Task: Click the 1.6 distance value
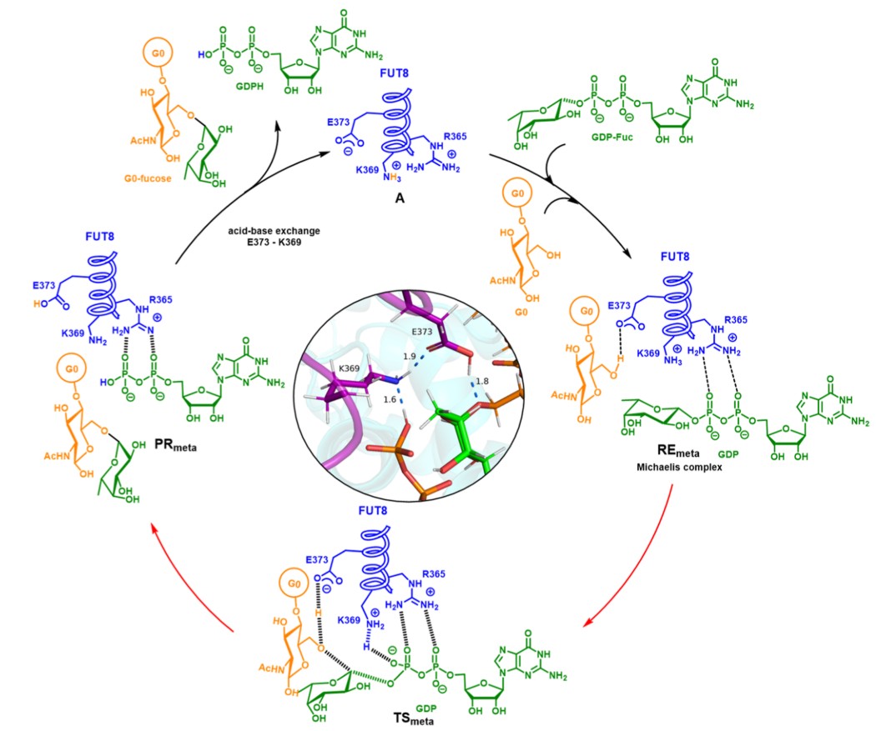(x=389, y=400)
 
